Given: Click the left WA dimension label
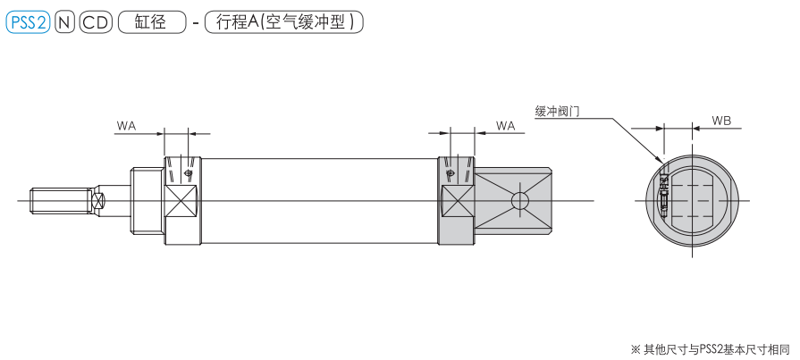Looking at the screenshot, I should pyautogui.click(x=126, y=127).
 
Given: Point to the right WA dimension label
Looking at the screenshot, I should pyautogui.click(x=505, y=127).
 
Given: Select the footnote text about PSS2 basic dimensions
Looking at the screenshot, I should pyautogui.click(x=713, y=347).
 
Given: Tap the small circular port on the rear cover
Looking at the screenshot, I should pyautogui.click(x=518, y=200).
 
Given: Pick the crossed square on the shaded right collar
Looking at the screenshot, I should pyautogui.click(x=457, y=201).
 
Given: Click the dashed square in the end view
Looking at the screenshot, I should pyautogui.click(x=691, y=200).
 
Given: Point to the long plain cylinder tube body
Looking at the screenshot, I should pyautogui.click(x=317, y=201).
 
